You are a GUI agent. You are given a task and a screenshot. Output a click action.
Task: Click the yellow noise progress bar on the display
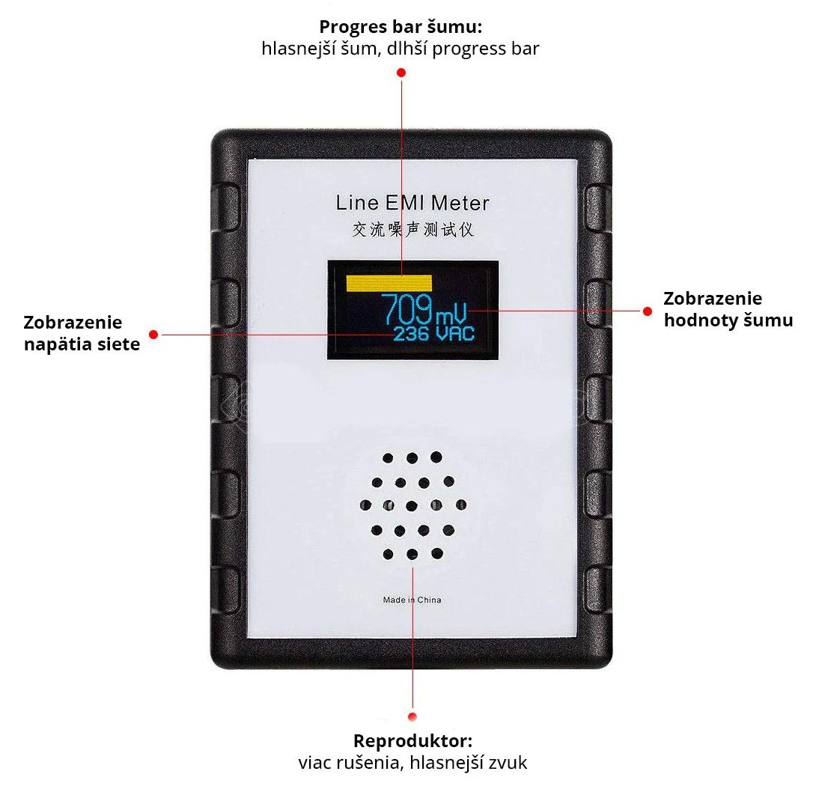[x=389, y=282]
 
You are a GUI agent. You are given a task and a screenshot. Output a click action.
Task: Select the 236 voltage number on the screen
[x=411, y=334]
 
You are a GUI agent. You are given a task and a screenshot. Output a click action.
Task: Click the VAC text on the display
[x=455, y=334]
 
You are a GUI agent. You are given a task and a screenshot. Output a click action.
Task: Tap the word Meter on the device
[x=460, y=202]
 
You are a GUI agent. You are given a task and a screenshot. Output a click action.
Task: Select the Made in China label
[x=412, y=600]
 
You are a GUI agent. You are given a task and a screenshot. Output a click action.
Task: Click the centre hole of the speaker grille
[x=412, y=505]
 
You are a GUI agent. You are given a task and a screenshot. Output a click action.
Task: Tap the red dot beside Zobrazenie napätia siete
[x=153, y=334]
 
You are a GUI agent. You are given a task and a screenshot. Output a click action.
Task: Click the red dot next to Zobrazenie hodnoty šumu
[x=648, y=310]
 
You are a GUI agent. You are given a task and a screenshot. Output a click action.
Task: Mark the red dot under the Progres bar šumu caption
[x=401, y=73]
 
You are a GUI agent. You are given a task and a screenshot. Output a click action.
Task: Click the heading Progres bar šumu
[x=401, y=27]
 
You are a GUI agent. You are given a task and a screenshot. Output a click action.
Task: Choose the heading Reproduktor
[x=412, y=741]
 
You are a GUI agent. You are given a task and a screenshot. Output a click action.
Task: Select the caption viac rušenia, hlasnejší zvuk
[x=412, y=763]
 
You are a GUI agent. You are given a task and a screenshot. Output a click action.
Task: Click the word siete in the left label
[x=118, y=345]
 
